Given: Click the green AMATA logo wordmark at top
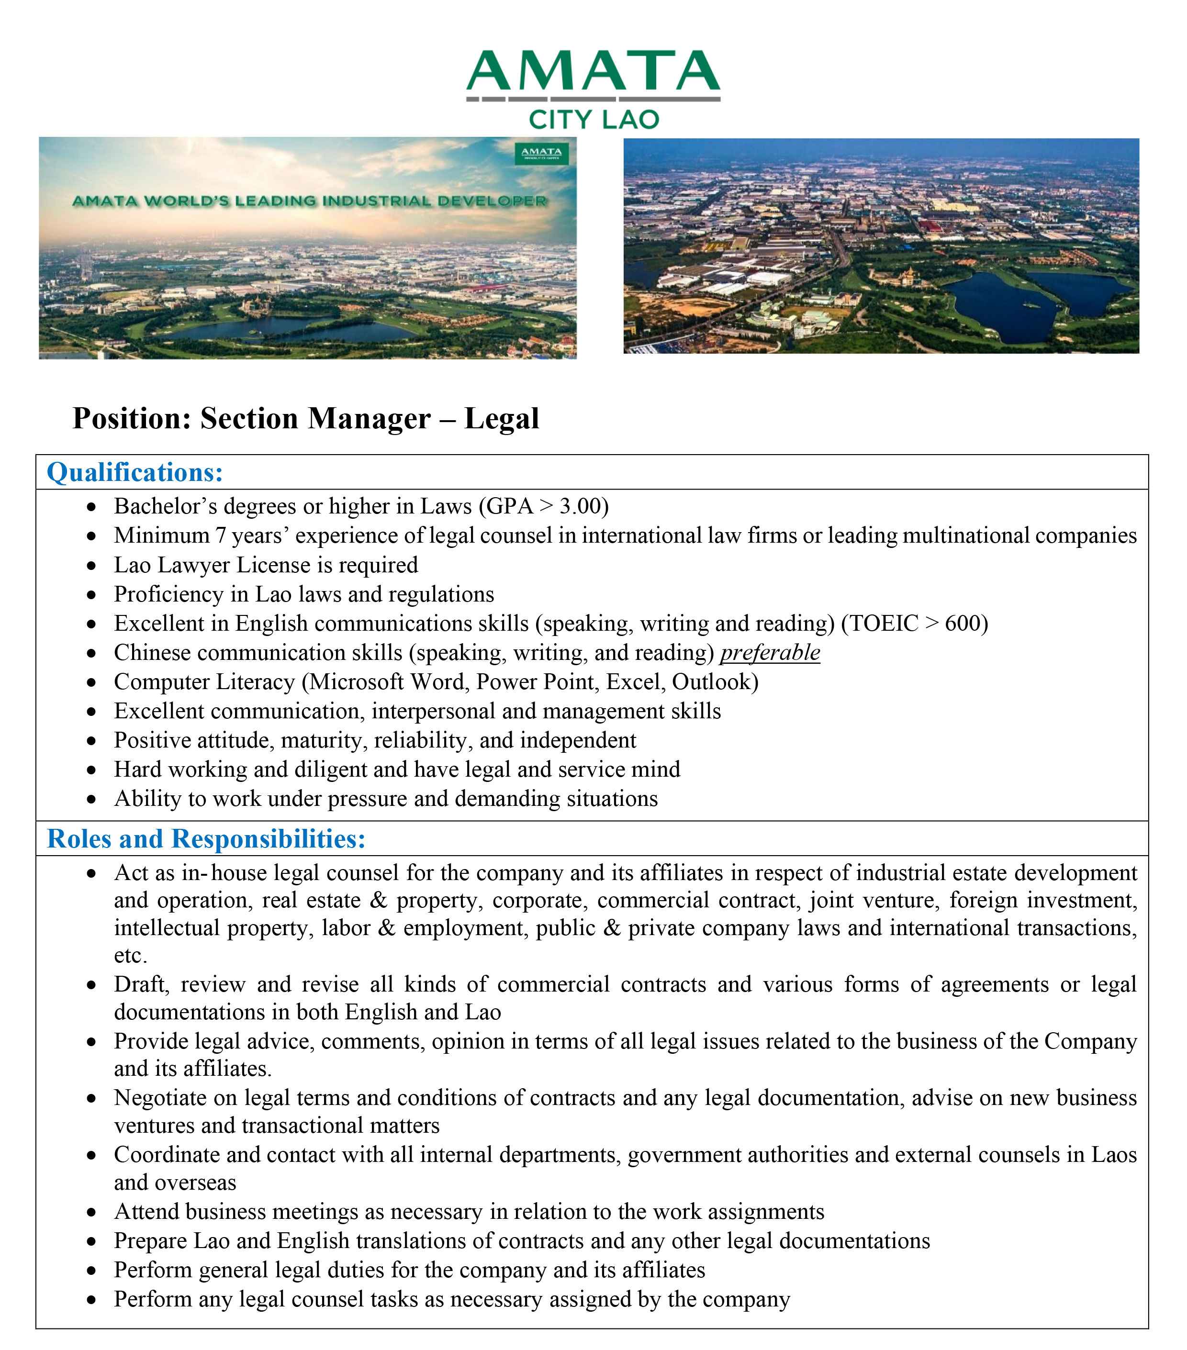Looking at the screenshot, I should tap(593, 71).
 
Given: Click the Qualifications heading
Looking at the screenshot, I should tap(135, 472).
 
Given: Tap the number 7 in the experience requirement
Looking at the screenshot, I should tap(221, 535).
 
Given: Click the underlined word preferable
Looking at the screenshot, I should tap(770, 653).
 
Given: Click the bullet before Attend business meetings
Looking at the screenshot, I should tap(92, 1213).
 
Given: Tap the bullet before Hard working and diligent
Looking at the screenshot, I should tap(92, 770).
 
